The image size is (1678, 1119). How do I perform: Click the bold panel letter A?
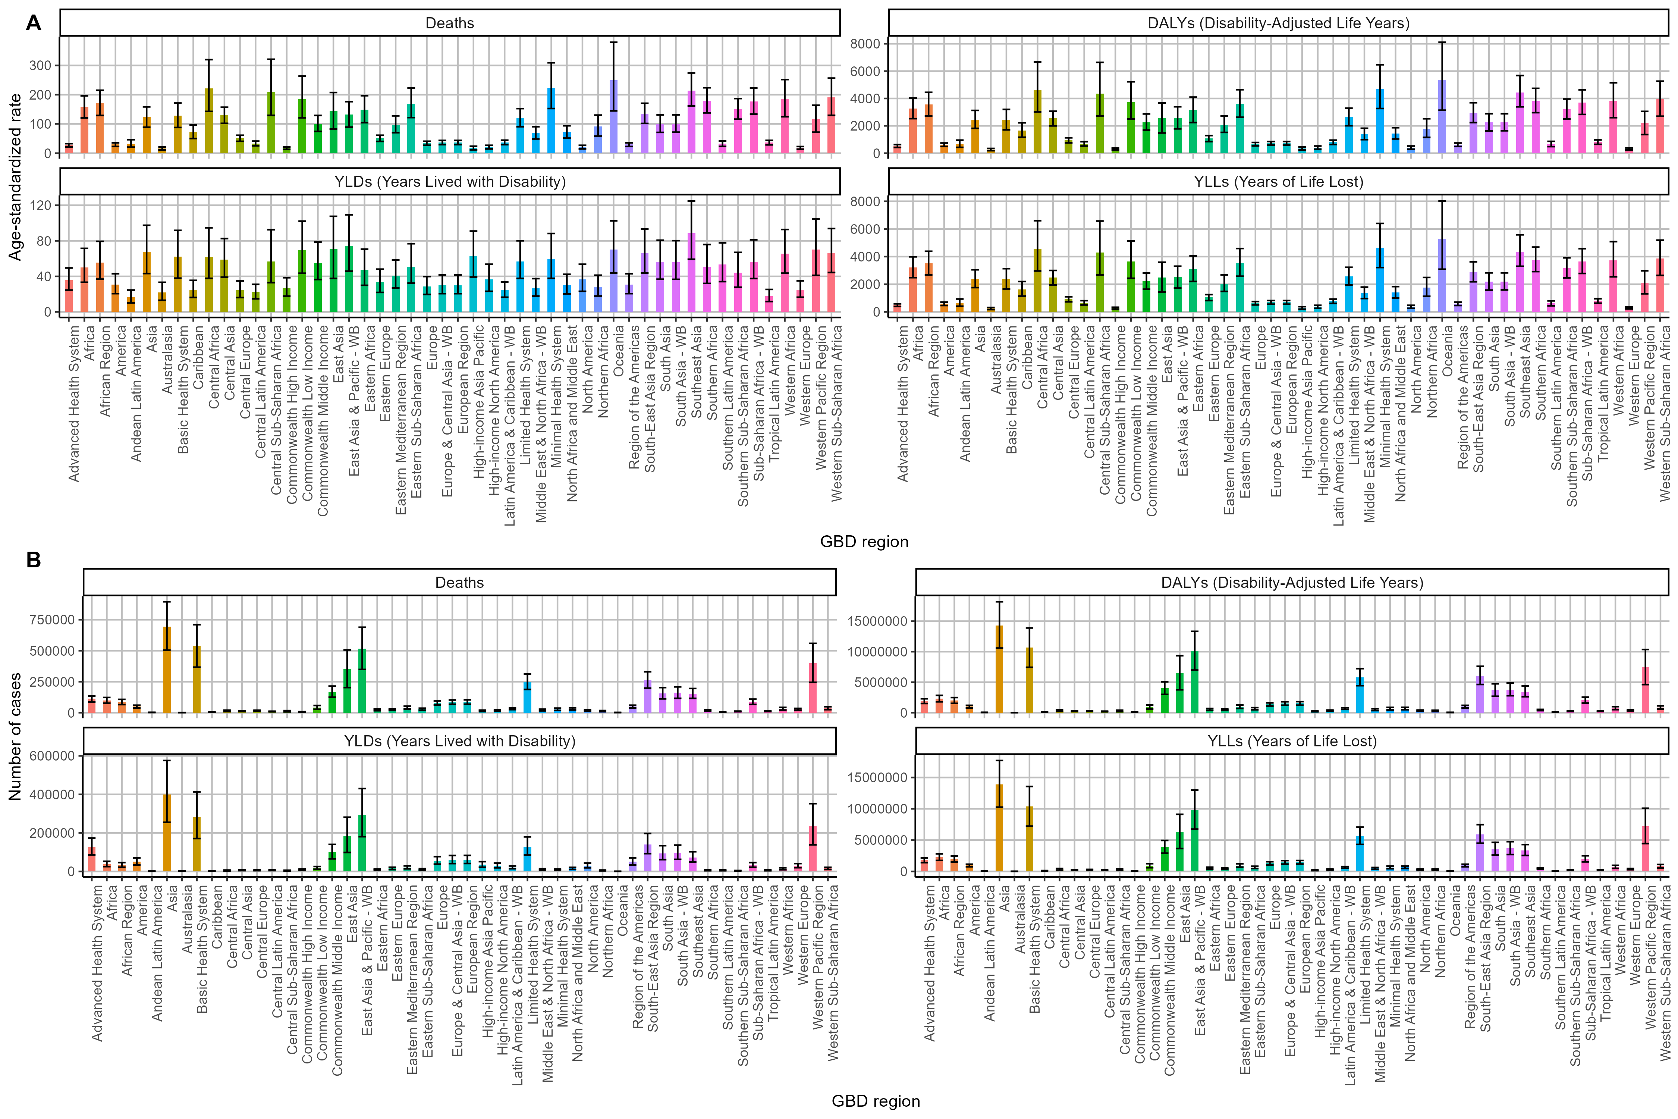coord(34,23)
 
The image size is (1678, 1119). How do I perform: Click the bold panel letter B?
coord(34,560)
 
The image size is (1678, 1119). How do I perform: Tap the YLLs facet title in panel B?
coord(1291,742)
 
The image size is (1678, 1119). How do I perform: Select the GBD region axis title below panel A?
coord(864,542)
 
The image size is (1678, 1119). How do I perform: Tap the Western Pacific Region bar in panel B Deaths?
coord(813,688)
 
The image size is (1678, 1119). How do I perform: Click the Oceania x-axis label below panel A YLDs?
coord(618,351)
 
